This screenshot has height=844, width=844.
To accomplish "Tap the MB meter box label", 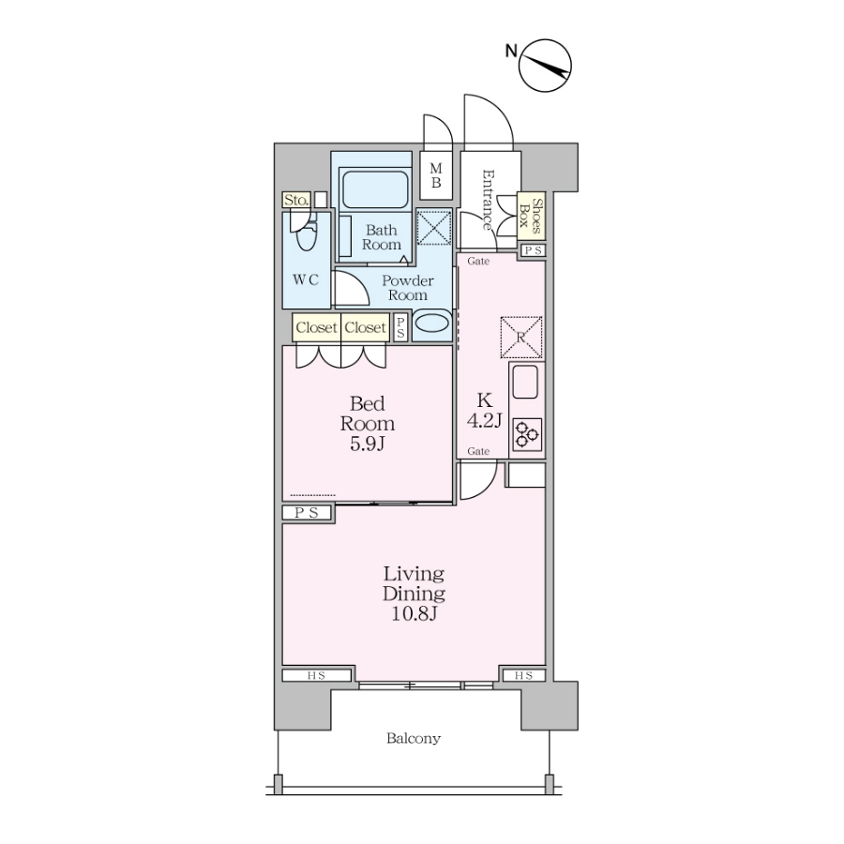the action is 435,175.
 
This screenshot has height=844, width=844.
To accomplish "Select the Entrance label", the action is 488,200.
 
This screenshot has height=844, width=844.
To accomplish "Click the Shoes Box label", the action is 530,216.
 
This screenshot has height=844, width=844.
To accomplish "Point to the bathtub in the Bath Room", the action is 374,189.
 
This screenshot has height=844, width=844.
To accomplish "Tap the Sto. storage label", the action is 296,200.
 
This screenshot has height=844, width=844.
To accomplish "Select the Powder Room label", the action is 408,288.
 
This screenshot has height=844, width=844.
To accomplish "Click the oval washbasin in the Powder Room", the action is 432,323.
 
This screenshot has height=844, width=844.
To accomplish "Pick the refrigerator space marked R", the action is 521,338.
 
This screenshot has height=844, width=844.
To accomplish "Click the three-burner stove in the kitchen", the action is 527,434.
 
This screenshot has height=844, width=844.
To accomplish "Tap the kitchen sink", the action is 525,382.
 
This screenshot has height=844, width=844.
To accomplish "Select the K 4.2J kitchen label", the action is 485,410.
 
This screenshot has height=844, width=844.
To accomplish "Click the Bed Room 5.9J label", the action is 367,424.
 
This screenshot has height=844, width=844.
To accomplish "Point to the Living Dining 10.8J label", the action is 414,594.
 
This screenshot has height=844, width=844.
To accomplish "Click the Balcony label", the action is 414,738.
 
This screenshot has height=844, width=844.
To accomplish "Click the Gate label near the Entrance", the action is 478,261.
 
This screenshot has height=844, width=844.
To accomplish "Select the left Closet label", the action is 317,327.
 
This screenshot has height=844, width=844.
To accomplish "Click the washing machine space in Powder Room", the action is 434,227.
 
